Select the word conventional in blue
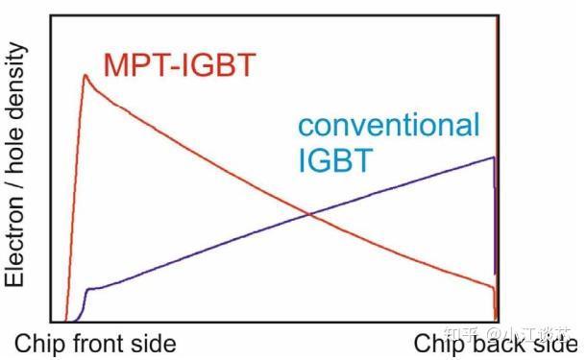(x=388, y=125)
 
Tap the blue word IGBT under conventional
(x=331, y=157)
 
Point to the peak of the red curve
(x=85, y=75)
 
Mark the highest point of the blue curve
(x=494, y=157)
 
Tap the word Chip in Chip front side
(x=40, y=344)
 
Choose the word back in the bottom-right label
(x=504, y=344)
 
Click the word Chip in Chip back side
(x=442, y=344)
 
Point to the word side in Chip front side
(x=158, y=344)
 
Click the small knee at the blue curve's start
(x=87, y=289)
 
